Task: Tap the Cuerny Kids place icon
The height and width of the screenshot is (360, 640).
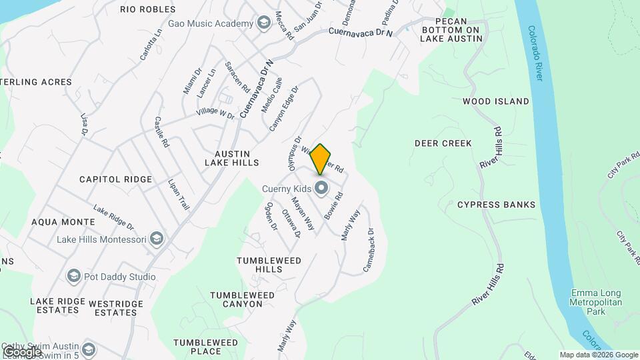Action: [321, 188]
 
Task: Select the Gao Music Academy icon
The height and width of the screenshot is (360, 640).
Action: [264, 24]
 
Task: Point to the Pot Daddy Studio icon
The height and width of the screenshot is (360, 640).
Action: [73, 277]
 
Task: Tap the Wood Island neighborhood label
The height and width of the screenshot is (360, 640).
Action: [495, 101]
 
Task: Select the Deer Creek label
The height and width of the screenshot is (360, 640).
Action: [443, 143]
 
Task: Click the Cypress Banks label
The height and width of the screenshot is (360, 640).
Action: [497, 205]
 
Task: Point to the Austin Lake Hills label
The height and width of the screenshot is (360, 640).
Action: [231, 157]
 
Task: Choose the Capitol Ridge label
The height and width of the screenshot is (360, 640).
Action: [115, 179]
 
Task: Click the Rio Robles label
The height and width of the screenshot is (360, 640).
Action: [148, 9]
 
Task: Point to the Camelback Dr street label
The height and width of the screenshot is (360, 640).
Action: [369, 250]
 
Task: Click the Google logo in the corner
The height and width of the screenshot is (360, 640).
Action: [21, 351]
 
